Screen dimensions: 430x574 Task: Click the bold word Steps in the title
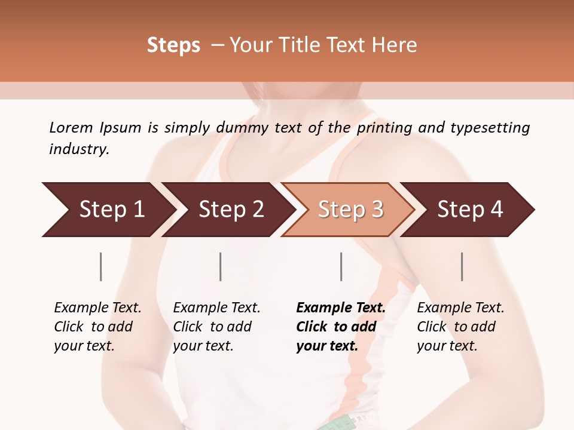point(173,45)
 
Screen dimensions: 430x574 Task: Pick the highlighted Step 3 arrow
point(350,209)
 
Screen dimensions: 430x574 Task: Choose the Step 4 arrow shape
point(470,209)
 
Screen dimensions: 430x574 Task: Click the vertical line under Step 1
point(101,266)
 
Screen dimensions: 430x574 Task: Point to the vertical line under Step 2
point(221,266)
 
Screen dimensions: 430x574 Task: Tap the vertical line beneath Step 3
point(341,266)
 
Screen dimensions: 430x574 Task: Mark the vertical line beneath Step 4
point(462,266)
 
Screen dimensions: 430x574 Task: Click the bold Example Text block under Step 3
point(340,327)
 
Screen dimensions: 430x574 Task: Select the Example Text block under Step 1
point(97,327)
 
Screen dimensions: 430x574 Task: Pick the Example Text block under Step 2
point(216,327)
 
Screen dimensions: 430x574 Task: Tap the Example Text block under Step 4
point(460,327)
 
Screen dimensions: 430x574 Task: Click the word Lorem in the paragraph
point(71,127)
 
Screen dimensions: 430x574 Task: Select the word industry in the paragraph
point(78,149)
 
